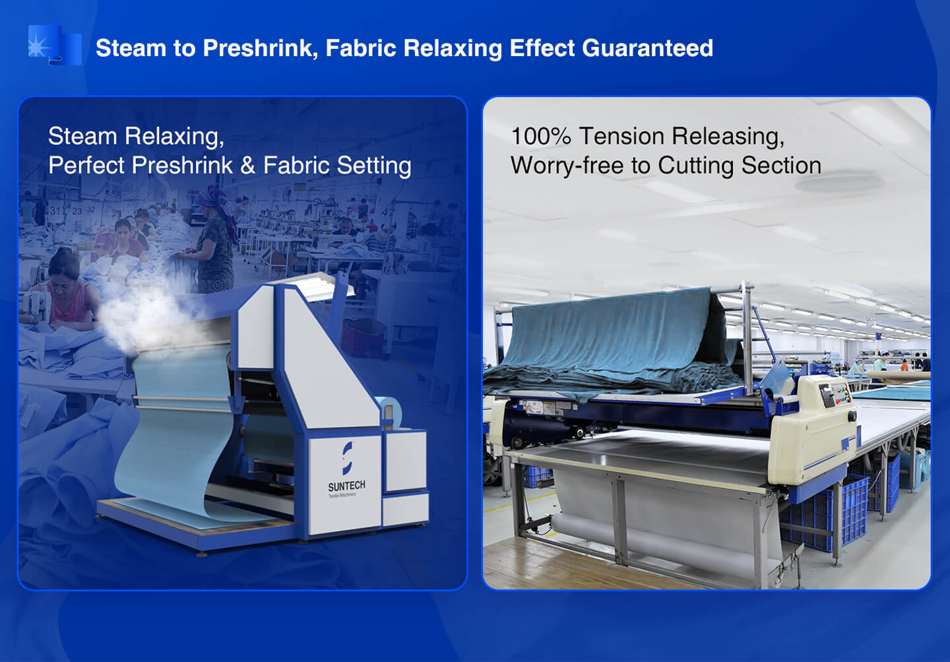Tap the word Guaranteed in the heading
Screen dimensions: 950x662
tap(648, 48)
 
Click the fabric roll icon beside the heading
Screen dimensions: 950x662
tap(55, 45)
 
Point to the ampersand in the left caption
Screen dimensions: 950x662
tap(247, 165)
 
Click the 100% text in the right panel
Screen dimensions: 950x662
tap(541, 136)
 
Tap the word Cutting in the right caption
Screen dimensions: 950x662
tap(696, 166)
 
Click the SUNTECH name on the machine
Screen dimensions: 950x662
tap(346, 486)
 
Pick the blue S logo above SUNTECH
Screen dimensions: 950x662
tap(347, 458)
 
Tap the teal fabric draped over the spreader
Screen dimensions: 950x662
tap(611, 344)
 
